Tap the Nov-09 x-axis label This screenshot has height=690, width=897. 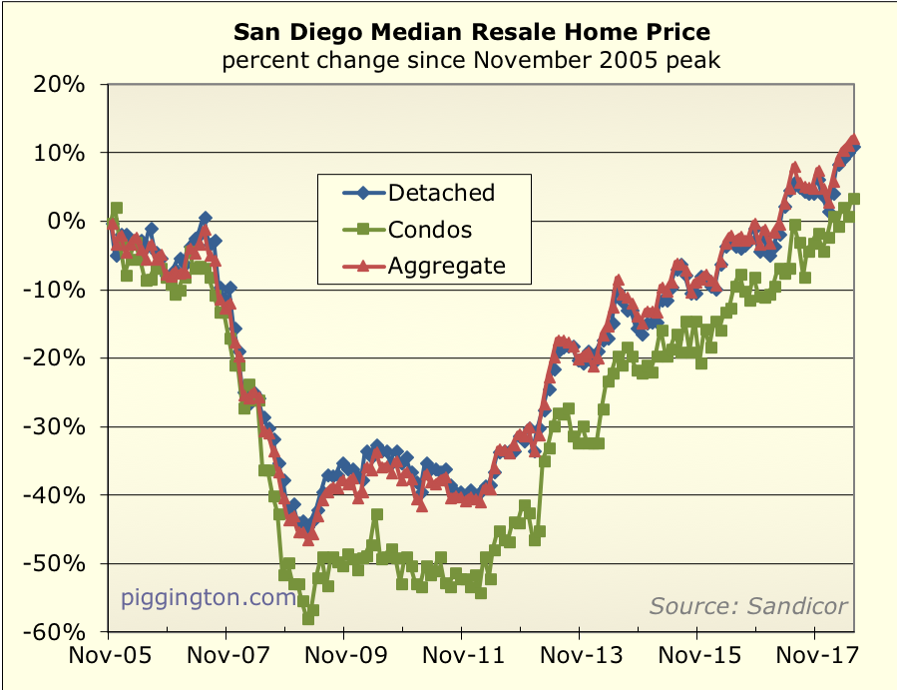(343, 660)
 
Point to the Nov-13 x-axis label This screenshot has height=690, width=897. (579, 660)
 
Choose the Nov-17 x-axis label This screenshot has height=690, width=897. (814, 660)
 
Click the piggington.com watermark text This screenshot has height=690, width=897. (210, 598)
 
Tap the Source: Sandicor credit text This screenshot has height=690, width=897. (748, 605)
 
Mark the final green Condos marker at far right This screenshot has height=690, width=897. (854, 199)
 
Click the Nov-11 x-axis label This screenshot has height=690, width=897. (461, 660)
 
